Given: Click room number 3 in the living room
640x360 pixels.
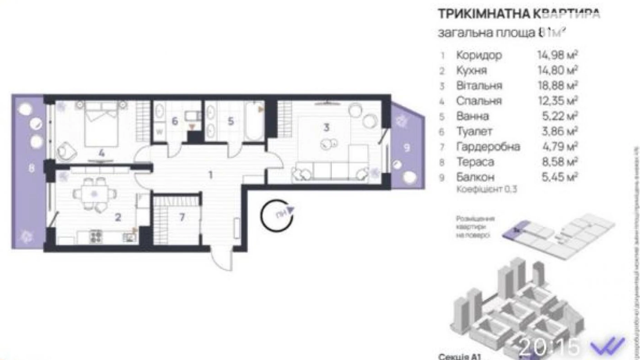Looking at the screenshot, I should pos(326,127).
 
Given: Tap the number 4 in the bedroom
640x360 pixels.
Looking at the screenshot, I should pos(101,153).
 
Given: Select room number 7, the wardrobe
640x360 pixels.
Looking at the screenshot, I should pos(182,217).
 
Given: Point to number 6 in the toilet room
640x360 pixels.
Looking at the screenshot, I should pos(175,121).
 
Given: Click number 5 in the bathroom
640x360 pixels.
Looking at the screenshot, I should pos(231,121).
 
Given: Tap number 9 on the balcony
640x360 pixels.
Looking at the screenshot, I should pos(407,148).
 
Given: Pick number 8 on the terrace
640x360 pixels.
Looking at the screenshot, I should pos(31,169).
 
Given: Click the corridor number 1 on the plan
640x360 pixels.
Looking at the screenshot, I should pos(210,175).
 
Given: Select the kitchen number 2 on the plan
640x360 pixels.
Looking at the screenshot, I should pos(118,217).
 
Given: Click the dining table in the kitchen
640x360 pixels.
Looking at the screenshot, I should pos(94,194).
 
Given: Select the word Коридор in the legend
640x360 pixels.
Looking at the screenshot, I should pos(479,55).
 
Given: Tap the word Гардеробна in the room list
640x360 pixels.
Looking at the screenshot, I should pos(488,146).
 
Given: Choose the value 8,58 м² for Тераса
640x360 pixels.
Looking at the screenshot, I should pos(558,162).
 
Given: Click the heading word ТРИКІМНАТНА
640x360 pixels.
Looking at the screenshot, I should pos(483,14).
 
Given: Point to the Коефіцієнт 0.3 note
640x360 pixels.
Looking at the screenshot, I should pos(486,189).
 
